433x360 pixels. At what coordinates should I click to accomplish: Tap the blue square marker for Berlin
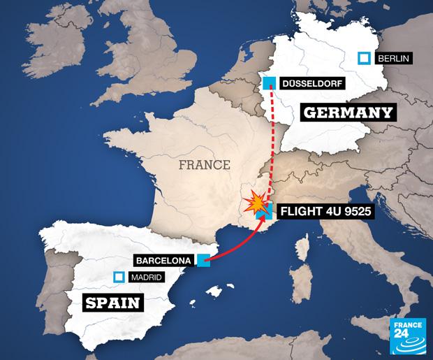363,59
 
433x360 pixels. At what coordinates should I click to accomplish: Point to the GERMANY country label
347,113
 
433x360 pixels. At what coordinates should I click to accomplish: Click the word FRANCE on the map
205,166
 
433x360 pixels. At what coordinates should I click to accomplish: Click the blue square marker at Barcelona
204,261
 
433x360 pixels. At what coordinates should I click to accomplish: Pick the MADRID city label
145,278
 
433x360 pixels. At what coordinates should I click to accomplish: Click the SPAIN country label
112,303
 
